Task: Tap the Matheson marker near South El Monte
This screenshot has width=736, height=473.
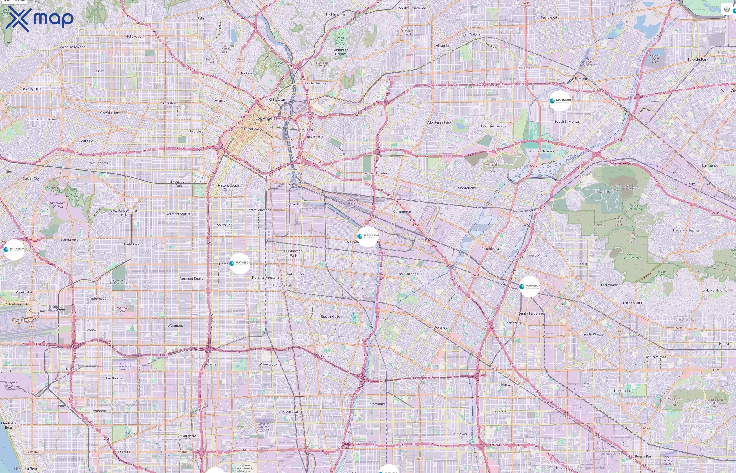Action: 560,101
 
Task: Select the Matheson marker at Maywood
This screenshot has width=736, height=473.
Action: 368,236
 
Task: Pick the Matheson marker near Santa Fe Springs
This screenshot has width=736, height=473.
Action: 530,286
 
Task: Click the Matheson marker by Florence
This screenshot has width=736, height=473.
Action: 240,263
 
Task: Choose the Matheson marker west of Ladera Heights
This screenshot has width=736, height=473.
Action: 14,249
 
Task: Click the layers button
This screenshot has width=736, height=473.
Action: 727,9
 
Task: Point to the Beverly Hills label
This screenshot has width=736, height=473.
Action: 31,89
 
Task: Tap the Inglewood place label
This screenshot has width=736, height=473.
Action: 97,298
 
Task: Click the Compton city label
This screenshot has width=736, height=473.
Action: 291,411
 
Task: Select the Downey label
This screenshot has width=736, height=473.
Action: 440,327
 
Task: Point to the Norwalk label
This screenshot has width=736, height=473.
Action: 508,384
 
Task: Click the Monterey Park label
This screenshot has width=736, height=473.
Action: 439,122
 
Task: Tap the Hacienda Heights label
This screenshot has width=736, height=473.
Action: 686,230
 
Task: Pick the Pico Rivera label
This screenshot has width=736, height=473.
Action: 490,249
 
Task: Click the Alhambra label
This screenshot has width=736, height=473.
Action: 443,46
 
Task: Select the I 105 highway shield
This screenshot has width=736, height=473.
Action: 163,355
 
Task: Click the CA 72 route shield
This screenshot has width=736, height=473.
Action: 678,328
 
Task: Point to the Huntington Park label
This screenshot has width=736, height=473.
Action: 293,253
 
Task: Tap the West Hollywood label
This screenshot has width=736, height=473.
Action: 73,47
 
